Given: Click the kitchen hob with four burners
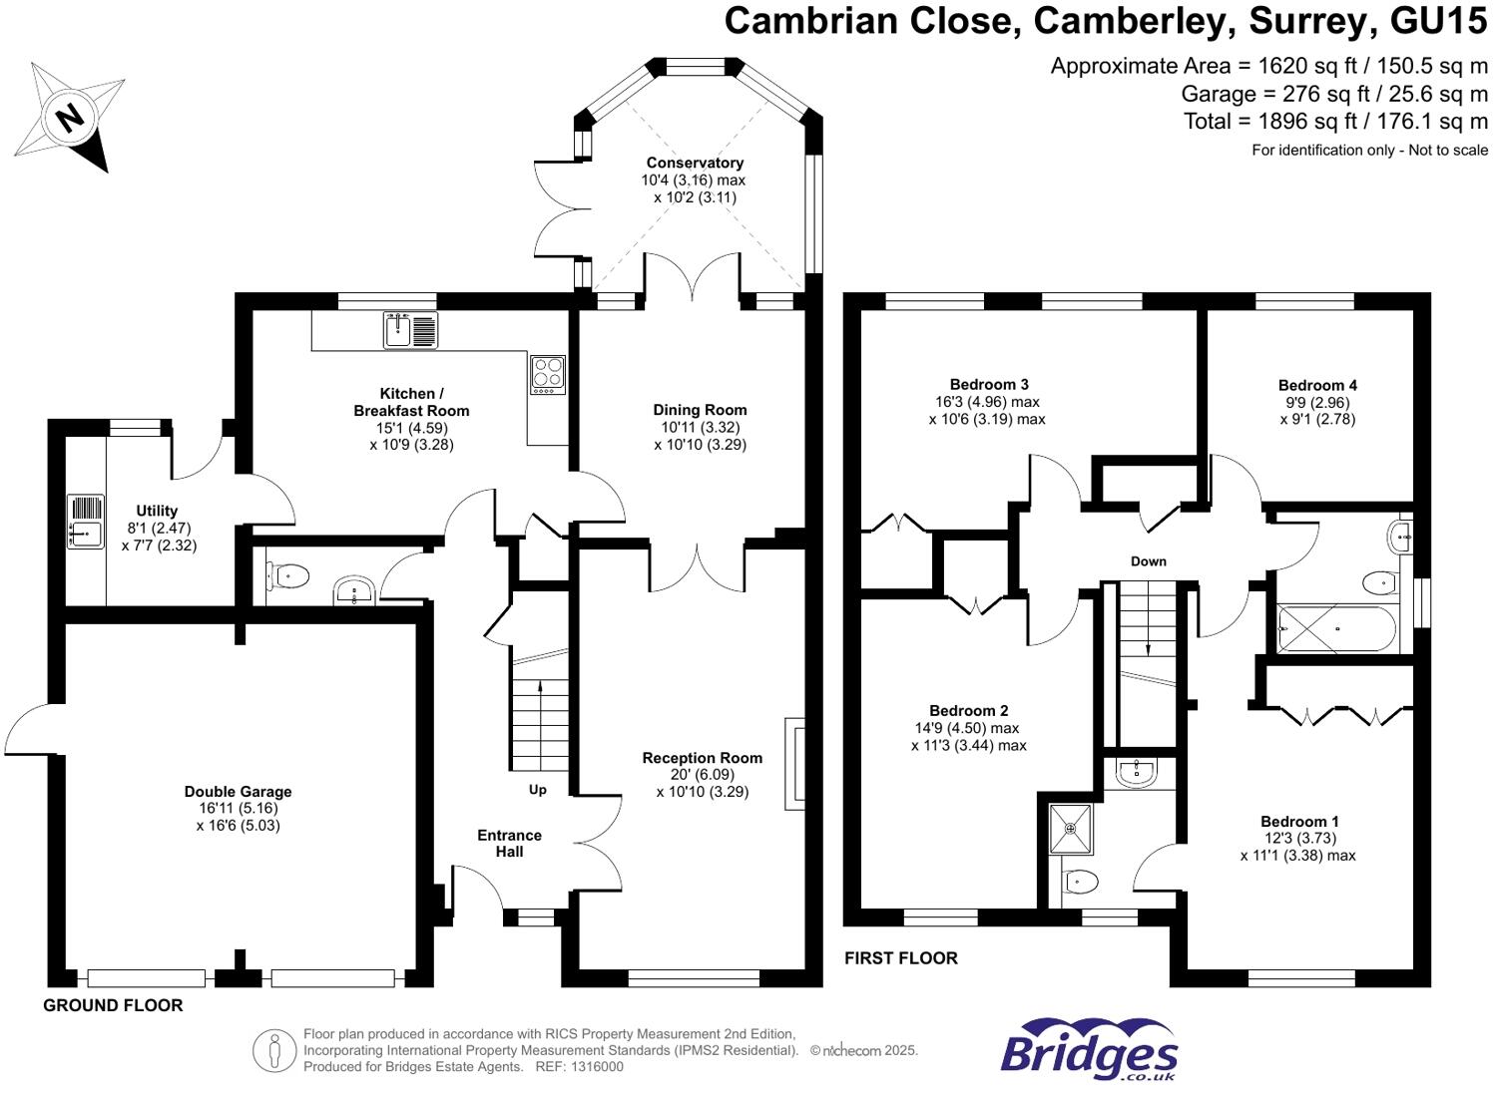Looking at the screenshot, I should tap(548, 375).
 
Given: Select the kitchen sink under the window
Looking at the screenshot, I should tap(411, 330).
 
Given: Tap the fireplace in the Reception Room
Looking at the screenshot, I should tap(795, 763).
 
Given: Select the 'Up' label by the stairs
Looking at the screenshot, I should tap(538, 790).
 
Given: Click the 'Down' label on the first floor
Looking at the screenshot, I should tap(1149, 561).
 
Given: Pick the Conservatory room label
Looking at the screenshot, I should tap(695, 163).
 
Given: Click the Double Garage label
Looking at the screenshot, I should tap(238, 792).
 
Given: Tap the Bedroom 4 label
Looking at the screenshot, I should tap(1317, 385).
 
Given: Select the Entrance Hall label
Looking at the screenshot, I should tap(509, 844).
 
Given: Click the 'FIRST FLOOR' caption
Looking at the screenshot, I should tap(900, 958).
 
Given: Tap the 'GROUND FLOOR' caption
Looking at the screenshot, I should tap(113, 1005).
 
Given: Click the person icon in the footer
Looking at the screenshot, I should tap(273, 1051).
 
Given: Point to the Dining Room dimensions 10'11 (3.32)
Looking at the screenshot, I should tap(700, 427).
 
